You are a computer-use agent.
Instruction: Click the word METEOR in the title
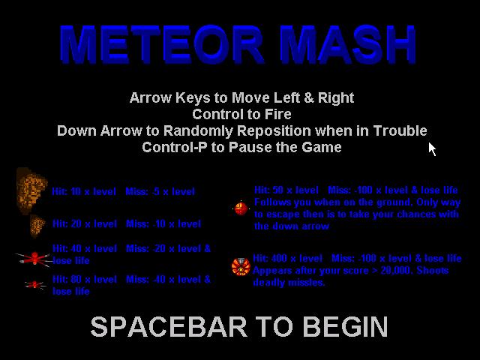pyautogui.click(x=162, y=45)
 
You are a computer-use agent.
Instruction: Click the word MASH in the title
pyautogui.click(x=348, y=45)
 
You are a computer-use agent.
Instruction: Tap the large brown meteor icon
pyautogui.click(x=31, y=190)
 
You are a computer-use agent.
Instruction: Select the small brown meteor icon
pyautogui.click(x=37, y=226)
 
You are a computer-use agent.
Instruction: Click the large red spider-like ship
pyautogui.click(x=34, y=259)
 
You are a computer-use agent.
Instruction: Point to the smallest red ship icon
pyautogui.click(x=35, y=285)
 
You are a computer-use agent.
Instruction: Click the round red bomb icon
pyautogui.click(x=241, y=208)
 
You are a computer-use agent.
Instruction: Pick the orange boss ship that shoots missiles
pyautogui.click(x=241, y=267)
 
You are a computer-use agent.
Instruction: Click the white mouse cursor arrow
pyautogui.click(x=432, y=149)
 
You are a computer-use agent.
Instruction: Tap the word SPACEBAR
pyautogui.click(x=169, y=327)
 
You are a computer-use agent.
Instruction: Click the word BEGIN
pyautogui.click(x=345, y=327)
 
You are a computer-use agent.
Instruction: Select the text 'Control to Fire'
pyautogui.click(x=241, y=114)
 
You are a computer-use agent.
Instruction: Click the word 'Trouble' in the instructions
pyautogui.click(x=400, y=130)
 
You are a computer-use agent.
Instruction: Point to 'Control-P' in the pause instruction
pyautogui.click(x=174, y=147)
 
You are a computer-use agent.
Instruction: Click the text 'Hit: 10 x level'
pyautogui.click(x=84, y=192)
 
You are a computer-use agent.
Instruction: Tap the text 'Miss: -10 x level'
pyautogui.click(x=163, y=223)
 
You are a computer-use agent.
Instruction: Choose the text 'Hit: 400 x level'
pyautogui.click(x=287, y=258)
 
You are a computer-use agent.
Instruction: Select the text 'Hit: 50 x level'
pyautogui.click(x=286, y=190)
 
